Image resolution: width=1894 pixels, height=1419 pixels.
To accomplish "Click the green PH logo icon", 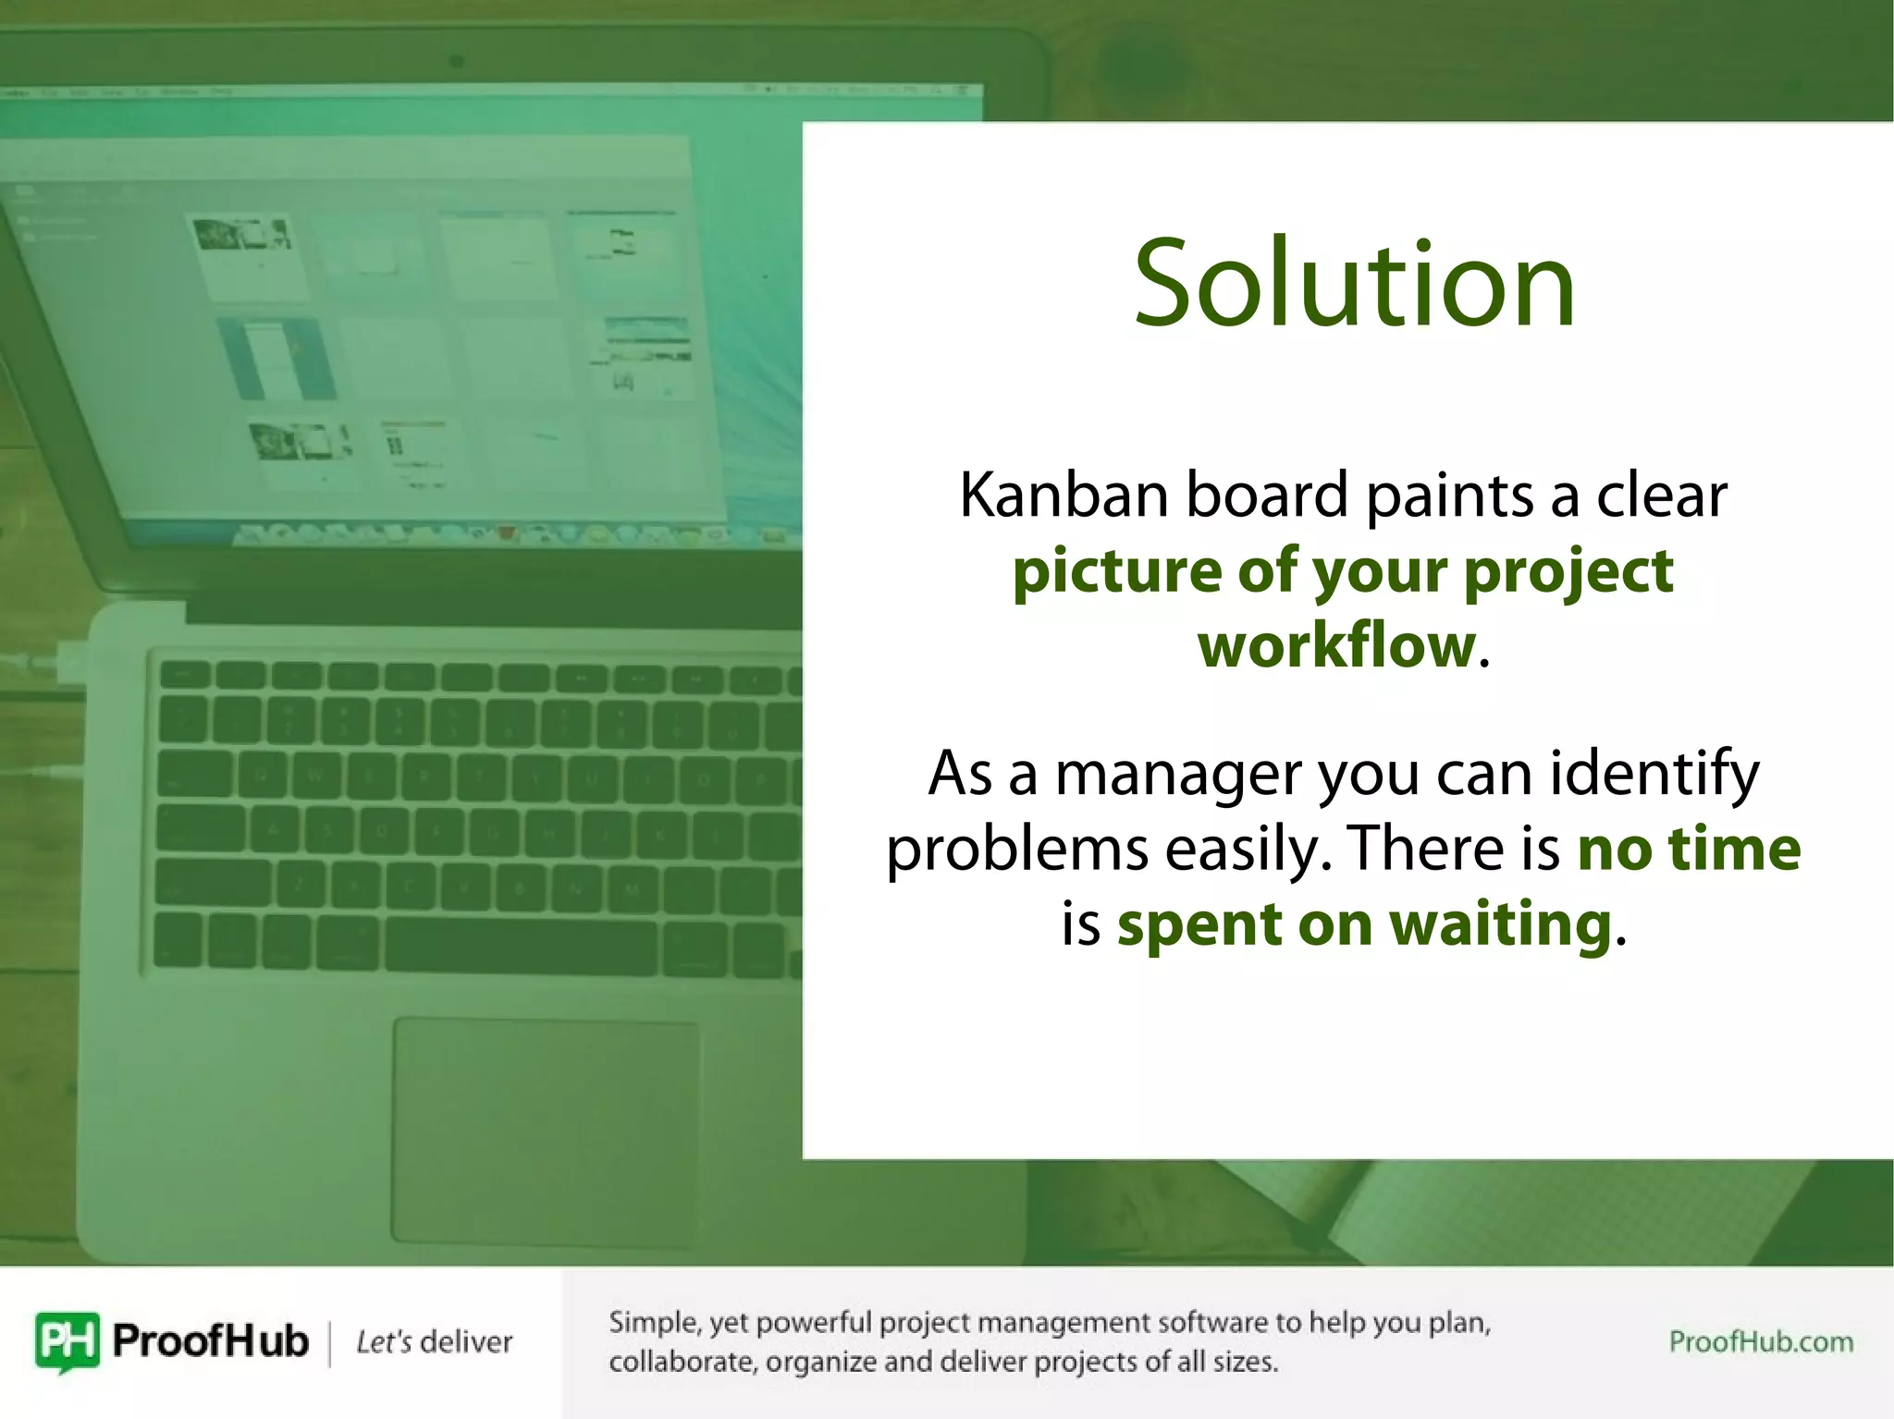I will tap(67, 1340).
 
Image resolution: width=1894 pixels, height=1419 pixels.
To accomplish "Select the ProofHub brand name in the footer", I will tap(210, 1340).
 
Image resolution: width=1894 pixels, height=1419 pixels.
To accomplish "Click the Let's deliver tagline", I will tap(435, 1341).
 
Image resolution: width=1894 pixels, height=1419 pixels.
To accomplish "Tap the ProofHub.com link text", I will tap(1761, 1341).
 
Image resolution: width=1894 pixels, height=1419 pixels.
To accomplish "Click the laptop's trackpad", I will tap(546, 1132).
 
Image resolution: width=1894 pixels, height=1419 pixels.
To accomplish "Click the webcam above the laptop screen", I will tap(456, 62).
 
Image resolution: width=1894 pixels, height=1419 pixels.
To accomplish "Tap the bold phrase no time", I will tap(1689, 849).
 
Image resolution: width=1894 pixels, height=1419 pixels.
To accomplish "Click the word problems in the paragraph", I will tap(1016, 849).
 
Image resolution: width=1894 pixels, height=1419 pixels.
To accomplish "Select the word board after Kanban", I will tap(1267, 495).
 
